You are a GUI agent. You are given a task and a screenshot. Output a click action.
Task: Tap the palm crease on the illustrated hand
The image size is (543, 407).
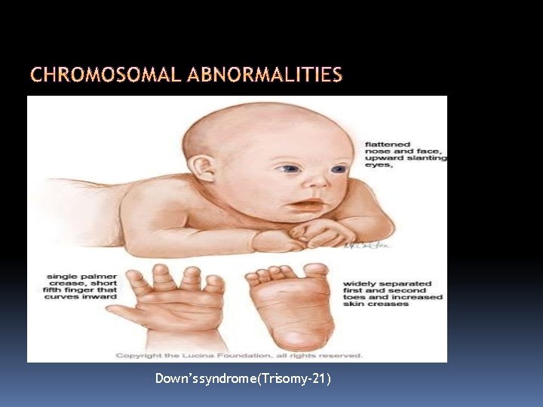point(173,301)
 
